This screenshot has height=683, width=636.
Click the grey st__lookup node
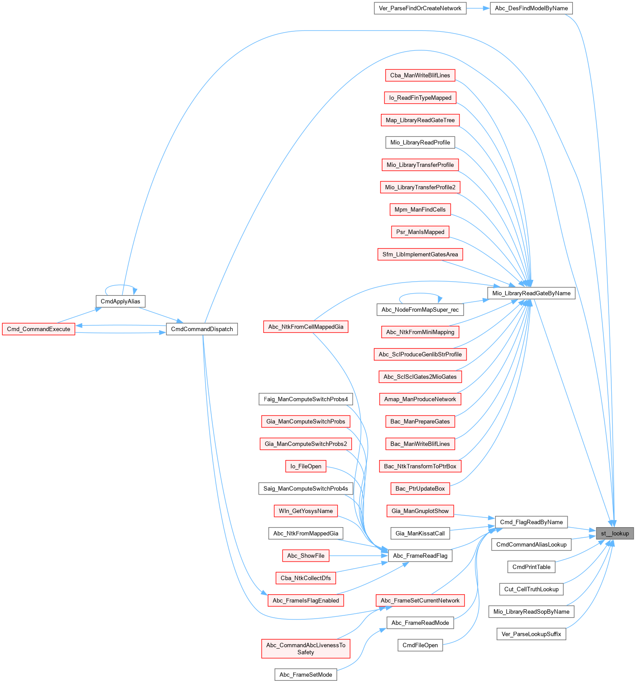[x=614, y=533]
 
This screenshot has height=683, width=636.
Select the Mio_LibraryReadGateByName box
[x=531, y=293]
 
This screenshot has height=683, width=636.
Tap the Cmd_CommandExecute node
[x=38, y=329]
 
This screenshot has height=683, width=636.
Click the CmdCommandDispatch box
[x=202, y=329]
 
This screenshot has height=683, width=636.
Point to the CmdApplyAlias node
[x=120, y=302]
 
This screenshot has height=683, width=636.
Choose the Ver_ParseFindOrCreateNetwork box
[x=420, y=8]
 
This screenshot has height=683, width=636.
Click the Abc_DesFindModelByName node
[x=531, y=8]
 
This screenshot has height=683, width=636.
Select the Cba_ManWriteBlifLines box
[x=420, y=75]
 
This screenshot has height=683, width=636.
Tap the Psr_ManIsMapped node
[x=420, y=232]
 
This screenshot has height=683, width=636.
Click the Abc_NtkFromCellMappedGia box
[x=305, y=327]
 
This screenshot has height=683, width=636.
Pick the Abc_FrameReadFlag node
[x=420, y=556]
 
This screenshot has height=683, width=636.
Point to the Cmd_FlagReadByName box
[x=531, y=522]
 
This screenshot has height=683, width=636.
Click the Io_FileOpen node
[x=305, y=466]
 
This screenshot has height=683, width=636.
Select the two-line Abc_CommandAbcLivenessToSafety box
[x=305, y=649]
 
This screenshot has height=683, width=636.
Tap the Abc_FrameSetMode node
[x=305, y=675]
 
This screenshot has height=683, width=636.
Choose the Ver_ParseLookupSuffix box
[x=531, y=634]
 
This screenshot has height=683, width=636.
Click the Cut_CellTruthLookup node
[x=531, y=589]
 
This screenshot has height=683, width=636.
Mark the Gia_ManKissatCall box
[x=420, y=533]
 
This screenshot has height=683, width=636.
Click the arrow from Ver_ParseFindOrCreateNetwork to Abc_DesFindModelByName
[x=478, y=8]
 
